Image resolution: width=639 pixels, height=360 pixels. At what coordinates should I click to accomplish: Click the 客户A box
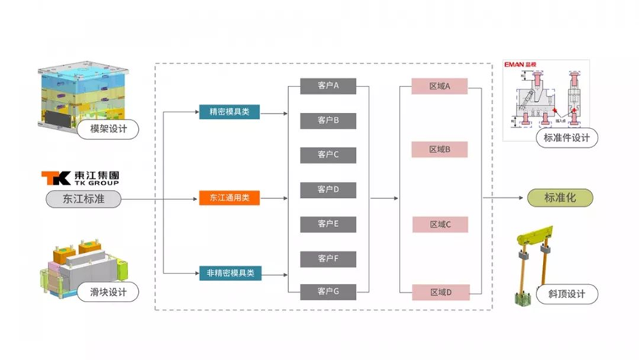point(328,86)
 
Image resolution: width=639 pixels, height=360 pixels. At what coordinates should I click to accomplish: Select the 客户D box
point(328,189)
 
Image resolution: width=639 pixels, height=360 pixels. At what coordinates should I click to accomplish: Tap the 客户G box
point(328,291)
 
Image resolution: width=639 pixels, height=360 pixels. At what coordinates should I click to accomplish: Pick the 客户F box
point(328,258)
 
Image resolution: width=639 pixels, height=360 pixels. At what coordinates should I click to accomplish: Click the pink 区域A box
point(440,86)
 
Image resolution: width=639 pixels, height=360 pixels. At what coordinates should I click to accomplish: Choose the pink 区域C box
point(440,224)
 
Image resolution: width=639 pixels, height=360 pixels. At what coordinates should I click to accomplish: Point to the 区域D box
point(440,293)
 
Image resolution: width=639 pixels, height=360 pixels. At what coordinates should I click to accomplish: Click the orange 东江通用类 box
point(230,199)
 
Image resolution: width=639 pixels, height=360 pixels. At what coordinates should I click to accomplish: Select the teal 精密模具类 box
point(230,113)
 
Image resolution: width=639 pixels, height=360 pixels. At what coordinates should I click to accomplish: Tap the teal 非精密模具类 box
point(230,274)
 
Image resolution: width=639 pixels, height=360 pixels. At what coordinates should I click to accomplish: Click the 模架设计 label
point(108,131)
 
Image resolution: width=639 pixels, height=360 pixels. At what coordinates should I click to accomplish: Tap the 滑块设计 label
point(108,292)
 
